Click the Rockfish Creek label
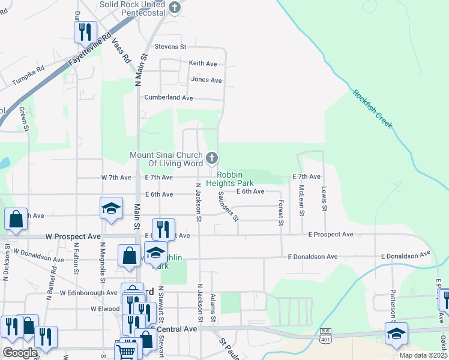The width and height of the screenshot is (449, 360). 373,109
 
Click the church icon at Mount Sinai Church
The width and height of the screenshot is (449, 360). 211,158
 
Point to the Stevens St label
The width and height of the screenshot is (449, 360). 170,46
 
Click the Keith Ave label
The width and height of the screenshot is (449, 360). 203,63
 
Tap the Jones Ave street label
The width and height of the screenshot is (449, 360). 206,80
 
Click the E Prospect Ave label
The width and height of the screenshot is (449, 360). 331,234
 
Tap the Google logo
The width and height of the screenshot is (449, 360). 20,353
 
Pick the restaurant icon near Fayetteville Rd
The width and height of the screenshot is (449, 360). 85,31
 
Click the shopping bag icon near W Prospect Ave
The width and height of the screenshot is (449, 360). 16,219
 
